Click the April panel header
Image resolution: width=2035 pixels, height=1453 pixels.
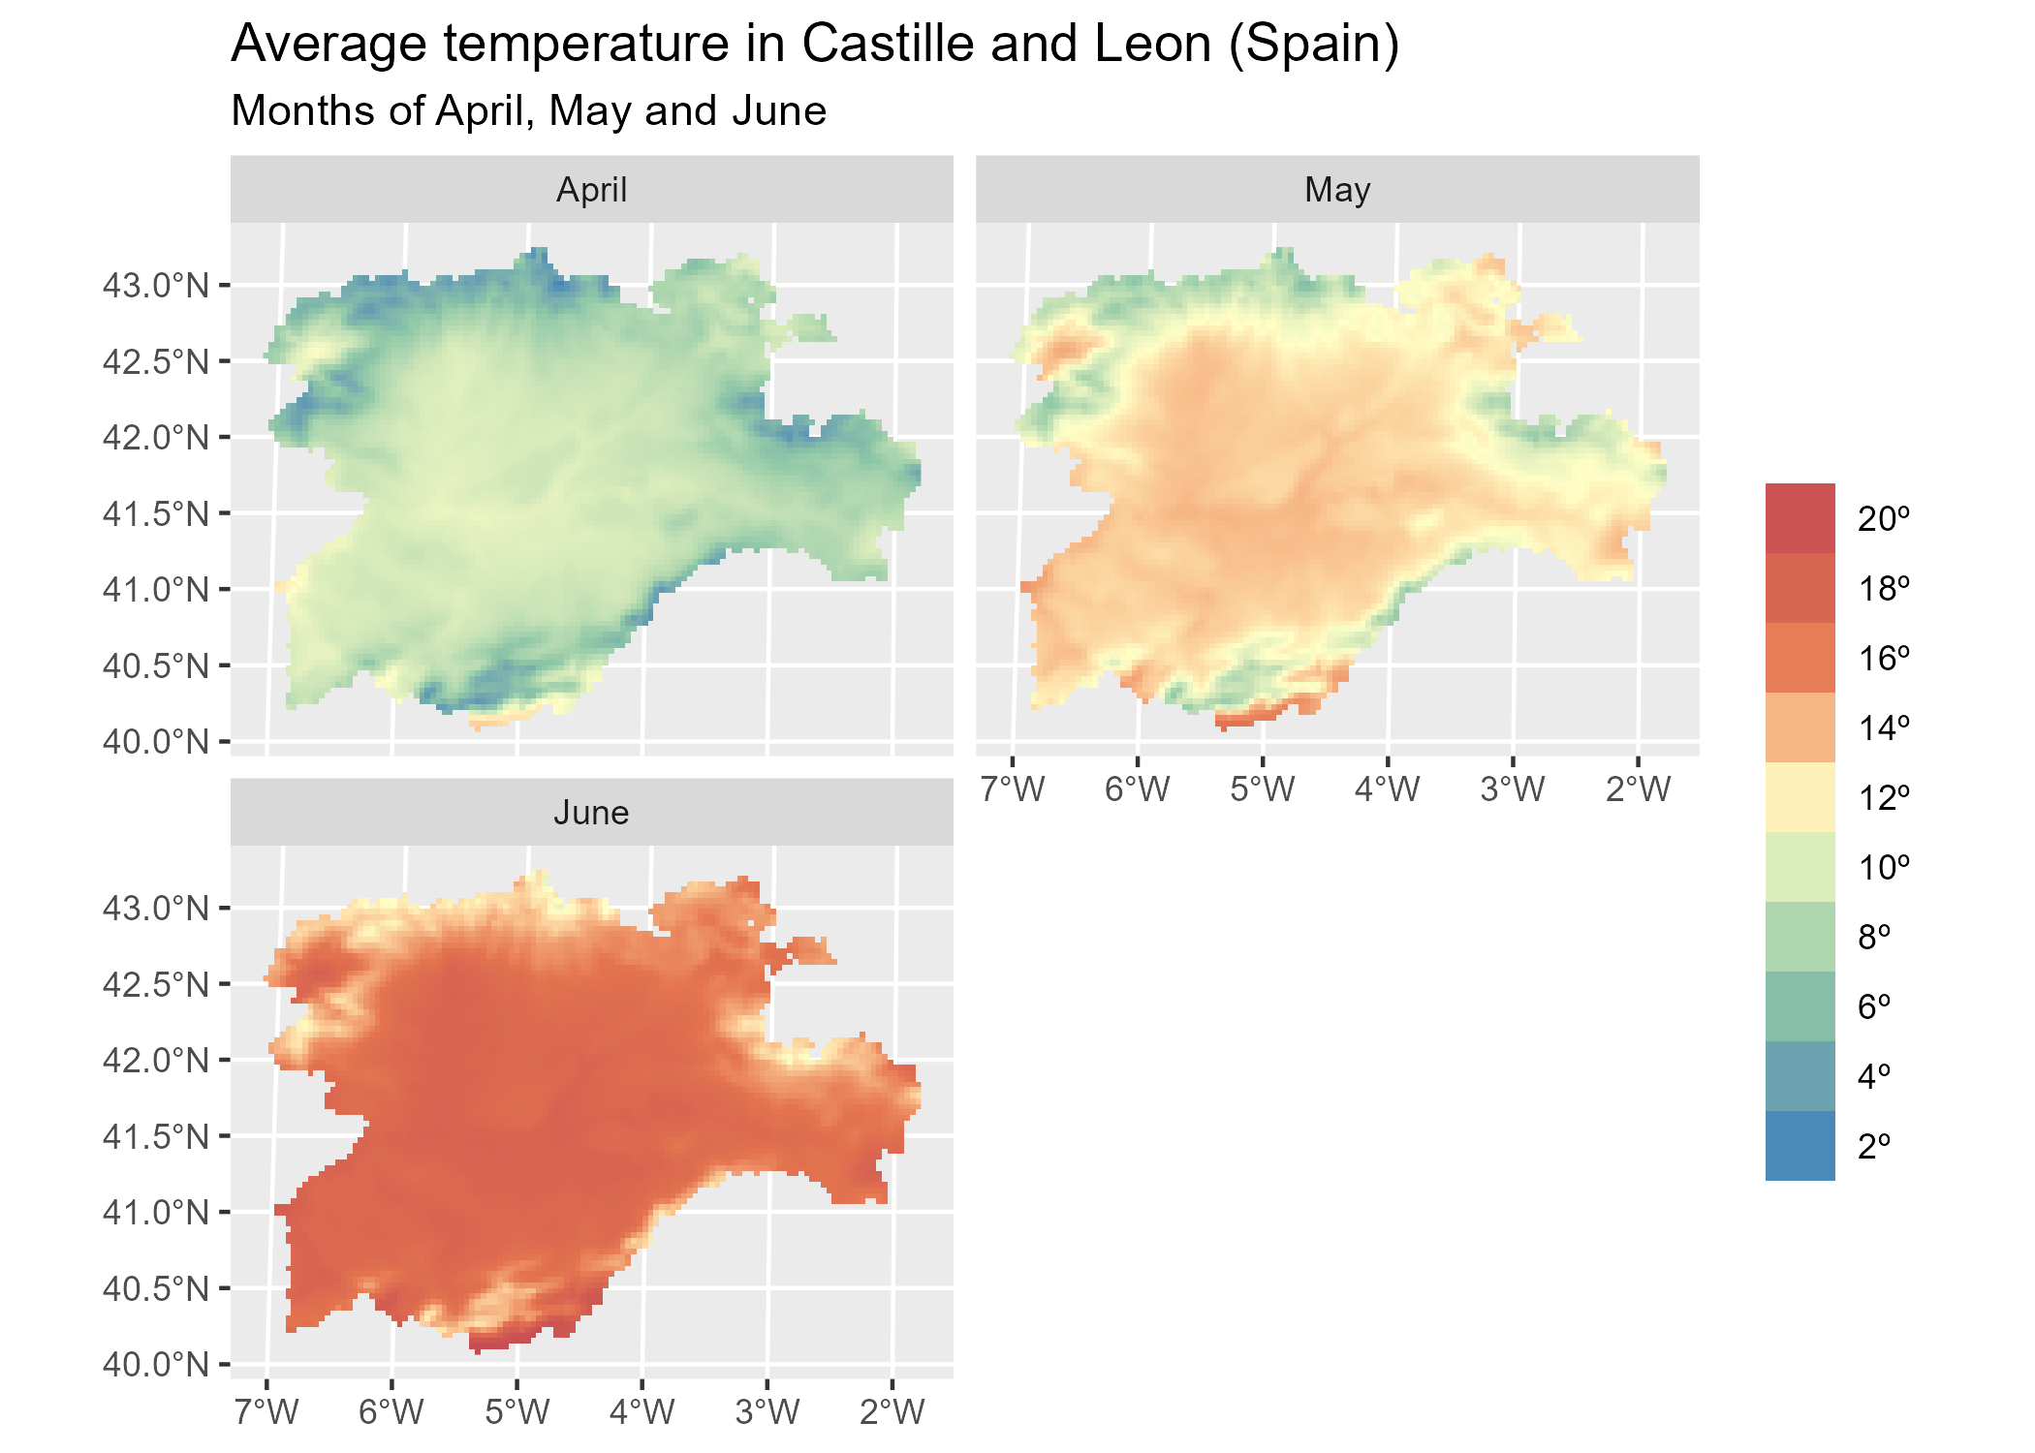pos(591,190)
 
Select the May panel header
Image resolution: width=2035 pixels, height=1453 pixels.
pos(1336,190)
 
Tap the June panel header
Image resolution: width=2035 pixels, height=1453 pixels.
pos(591,813)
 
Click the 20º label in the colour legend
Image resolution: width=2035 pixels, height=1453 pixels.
pos(1883,519)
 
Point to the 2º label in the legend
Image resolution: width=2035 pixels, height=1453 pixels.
pos(1874,1146)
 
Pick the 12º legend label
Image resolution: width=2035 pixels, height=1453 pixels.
pos(1883,798)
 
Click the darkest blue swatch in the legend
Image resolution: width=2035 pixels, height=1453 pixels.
pos(1800,1146)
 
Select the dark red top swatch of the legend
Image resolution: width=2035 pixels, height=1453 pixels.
pos(1800,518)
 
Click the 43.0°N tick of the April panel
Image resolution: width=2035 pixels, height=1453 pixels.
pos(156,286)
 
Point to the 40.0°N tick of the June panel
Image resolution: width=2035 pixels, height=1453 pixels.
pos(156,1365)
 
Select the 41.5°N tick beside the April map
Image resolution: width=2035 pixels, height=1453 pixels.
pos(156,513)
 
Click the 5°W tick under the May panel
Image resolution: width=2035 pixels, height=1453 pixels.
pos(1262,789)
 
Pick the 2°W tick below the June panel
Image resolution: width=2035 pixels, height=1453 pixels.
pos(892,1412)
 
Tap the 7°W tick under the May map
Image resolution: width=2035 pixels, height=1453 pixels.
pos(1013,789)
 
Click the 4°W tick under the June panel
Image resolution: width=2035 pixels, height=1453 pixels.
pos(642,1412)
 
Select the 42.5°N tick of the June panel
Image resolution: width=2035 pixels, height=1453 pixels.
pos(156,984)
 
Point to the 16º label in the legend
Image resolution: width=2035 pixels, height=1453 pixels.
pos(1883,659)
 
